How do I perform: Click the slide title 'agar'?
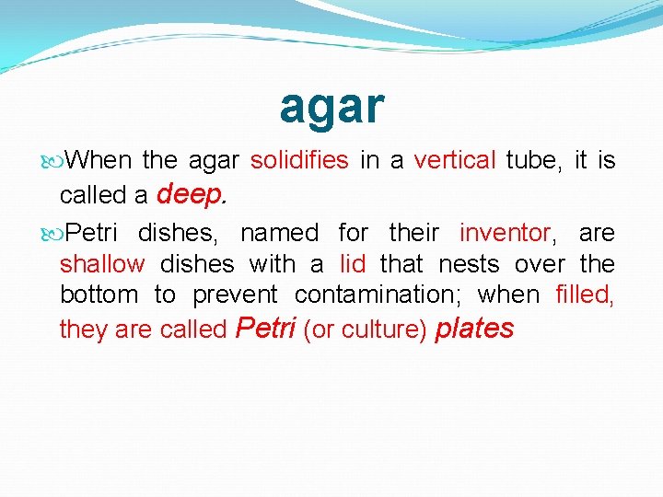click(x=331, y=106)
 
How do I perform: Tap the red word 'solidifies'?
click(x=299, y=161)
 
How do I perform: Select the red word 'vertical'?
click(x=455, y=161)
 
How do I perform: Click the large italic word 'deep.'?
click(x=192, y=193)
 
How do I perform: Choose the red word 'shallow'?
click(x=102, y=264)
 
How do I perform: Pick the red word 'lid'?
click(x=353, y=264)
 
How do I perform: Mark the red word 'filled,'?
click(x=585, y=295)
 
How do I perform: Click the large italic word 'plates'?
click(x=473, y=328)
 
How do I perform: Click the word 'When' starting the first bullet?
click(x=99, y=161)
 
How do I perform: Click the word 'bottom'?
click(x=99, y=295)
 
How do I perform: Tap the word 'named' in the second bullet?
click(x=279, y=233)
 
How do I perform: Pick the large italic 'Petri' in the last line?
click(x=266, y=328)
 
